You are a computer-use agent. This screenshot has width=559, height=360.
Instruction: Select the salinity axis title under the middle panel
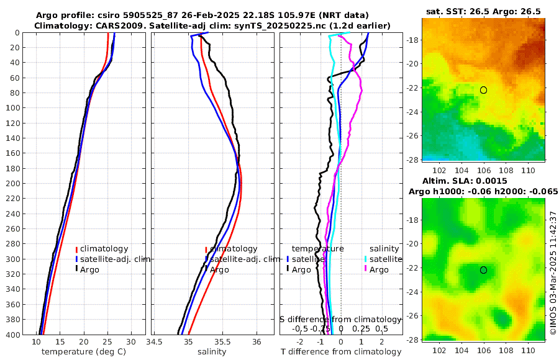tap(212, 352)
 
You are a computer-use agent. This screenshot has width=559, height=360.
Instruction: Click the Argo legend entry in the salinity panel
tap(219, 269)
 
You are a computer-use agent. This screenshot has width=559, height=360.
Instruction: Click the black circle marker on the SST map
tap(483, 90)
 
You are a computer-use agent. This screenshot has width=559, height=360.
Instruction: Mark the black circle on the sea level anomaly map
tap(483, 270)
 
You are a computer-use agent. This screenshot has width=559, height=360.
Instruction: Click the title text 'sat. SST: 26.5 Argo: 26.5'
tap(483, 11)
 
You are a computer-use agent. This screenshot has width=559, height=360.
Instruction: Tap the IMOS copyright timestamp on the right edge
tap(553, 273)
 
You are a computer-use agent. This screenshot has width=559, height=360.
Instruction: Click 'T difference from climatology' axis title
tap(341, 352)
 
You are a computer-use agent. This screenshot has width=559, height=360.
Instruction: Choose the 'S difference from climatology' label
tap(341, 319)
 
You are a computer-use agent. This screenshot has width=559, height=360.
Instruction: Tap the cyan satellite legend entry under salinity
tap(383, 259)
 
